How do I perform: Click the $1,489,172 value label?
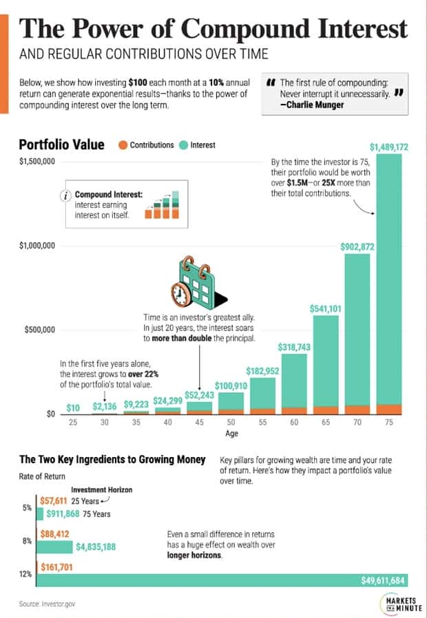[389, 147]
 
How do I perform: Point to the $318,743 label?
[294, 348]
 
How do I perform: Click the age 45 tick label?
[199, 423]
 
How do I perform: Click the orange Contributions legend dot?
[123, 145]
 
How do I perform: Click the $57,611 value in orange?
[53, 502]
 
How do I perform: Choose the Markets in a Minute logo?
[396, 602]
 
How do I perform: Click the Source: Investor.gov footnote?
[46, 604]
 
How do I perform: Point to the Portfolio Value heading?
[61, 145]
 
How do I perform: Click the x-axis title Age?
[231, 434]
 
